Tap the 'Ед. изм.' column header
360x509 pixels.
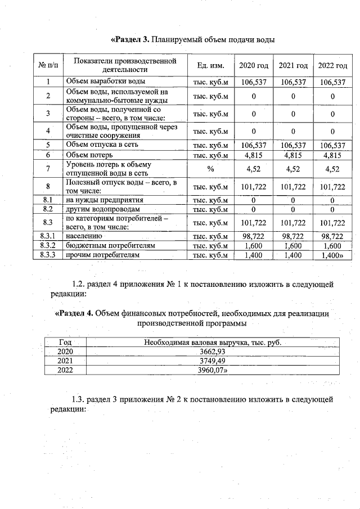[x=211, y=66]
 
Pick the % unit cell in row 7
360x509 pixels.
[x=211, y=168]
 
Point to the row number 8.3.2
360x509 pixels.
[x=48, y=246]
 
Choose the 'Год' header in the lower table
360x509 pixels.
[x=65, y=342]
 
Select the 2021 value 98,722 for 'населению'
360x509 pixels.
[x=293, y=236]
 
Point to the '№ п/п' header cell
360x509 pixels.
[x=48, y=66]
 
